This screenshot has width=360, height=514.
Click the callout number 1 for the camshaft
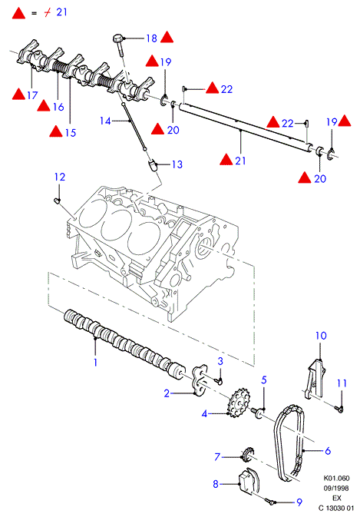[95, 362]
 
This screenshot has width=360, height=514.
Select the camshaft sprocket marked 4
[239, 403]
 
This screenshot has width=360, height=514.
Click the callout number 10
[321, 336]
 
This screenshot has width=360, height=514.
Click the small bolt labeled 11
[339, 409]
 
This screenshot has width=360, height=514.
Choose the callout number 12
[60, 177]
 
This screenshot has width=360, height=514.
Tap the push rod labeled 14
[134, 128]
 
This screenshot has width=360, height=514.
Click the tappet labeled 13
[152, 165]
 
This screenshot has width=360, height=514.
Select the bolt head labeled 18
[118, 38]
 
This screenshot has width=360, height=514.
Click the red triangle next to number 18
[167, 37]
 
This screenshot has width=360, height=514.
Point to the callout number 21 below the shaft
[239, 161]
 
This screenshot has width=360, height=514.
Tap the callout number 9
[299, 502]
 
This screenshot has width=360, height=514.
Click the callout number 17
[32, 95]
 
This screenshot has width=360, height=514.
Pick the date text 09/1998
[336, 488]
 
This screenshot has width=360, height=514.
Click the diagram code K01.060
[336, 478]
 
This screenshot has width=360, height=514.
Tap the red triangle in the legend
[18, 13]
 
